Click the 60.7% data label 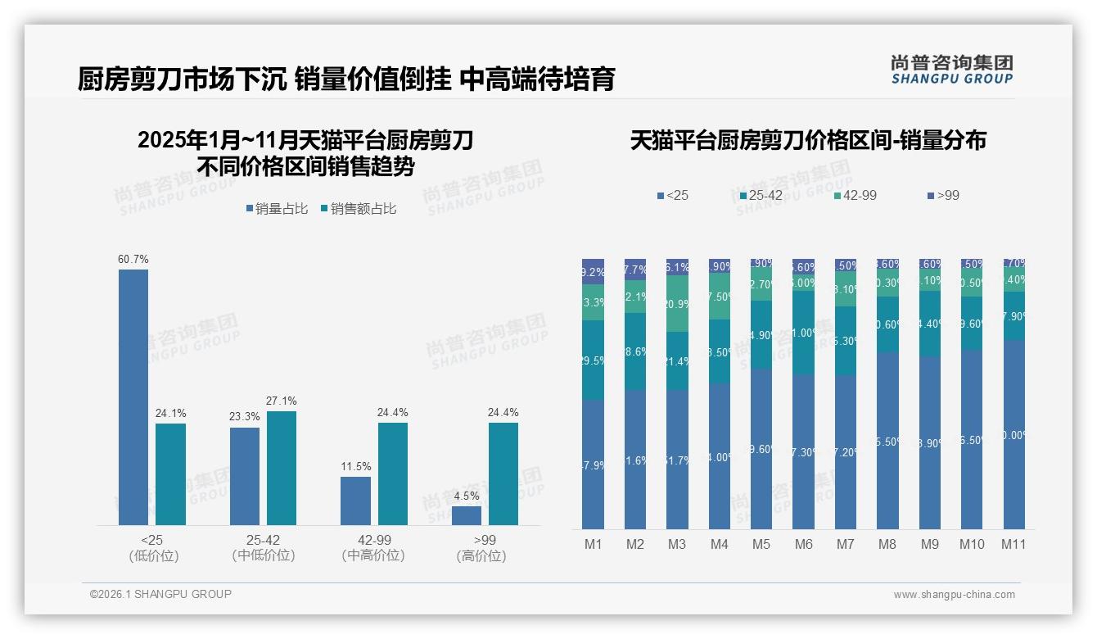[x=133, y=259]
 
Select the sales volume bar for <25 [x=133, y=397]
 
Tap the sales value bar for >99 [x=503, y=474]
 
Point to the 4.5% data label [x=467, y=496]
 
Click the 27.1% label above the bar [x=281, y=401]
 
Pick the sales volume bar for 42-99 [x=355, y=501]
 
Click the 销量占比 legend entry [x=277, y=209]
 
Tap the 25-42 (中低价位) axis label [x=263, y=548]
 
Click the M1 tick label [x=593, y=544]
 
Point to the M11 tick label [x=1013, y=544]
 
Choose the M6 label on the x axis [x=803, y=544]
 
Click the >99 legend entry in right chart [x=943, y=195]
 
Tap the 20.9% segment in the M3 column [x=677, y=303]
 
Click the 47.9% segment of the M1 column [x=593, y=465]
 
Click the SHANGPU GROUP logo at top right [x=951, y=69]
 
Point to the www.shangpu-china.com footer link [x=954, y=594]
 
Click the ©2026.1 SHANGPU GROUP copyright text [x=160, y=594]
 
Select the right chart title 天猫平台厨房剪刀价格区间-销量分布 [x=808, y=140]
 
